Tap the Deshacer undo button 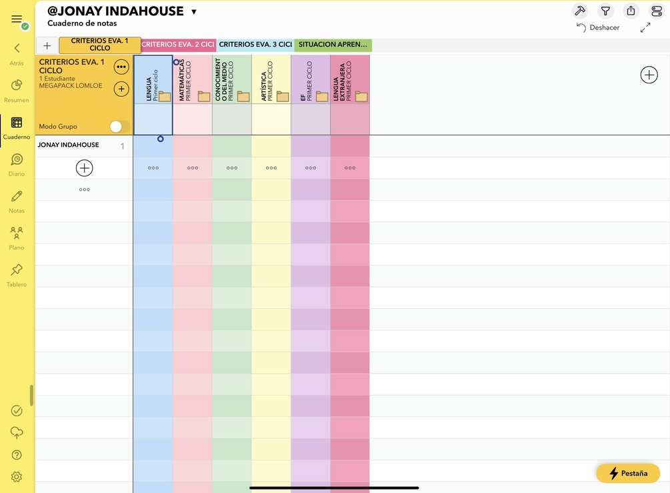598,28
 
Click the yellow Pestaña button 628,473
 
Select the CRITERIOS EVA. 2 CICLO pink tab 179,45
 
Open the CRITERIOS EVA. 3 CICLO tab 255,45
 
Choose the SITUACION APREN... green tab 333,45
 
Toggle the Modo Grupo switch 119,126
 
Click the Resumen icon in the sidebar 17,85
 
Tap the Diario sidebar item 17,160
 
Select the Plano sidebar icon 17,233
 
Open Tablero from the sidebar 17,270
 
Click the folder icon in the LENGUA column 165,97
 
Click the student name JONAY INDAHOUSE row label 68,145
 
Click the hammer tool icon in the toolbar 579,11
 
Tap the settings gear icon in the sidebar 17,477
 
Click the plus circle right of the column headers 649,75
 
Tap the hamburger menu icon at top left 17,19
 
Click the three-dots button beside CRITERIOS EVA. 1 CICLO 121,67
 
